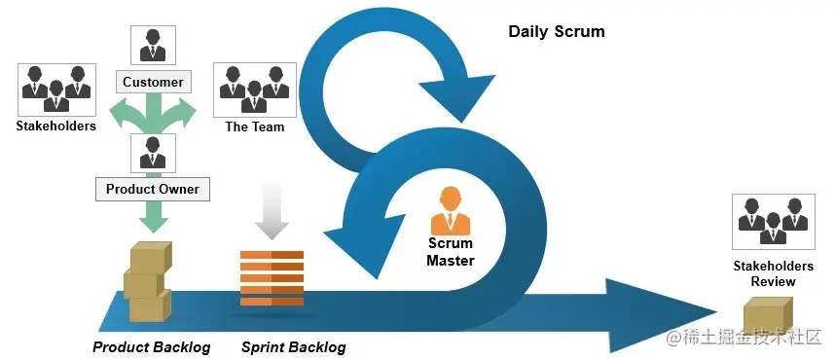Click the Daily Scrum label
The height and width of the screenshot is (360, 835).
pos(556,31)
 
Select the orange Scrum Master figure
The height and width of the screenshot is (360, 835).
pos(451,207)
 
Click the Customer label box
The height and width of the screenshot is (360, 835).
pos(153,82)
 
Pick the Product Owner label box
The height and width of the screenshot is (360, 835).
pos(152,189)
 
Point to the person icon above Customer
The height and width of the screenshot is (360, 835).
pos(153,45)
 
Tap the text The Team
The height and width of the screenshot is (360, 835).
pos(254,126)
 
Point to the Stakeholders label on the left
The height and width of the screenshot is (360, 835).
pos(55,126)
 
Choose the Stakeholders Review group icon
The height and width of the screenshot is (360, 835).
pos(772,220)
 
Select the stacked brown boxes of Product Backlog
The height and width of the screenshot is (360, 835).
pos(147,283)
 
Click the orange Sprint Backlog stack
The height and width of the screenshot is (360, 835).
pos(272,278)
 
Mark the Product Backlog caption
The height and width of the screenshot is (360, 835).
pos(151,346)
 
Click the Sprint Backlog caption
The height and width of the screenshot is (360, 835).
pos(293,346)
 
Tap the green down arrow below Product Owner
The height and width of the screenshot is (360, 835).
pos(152,214)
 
